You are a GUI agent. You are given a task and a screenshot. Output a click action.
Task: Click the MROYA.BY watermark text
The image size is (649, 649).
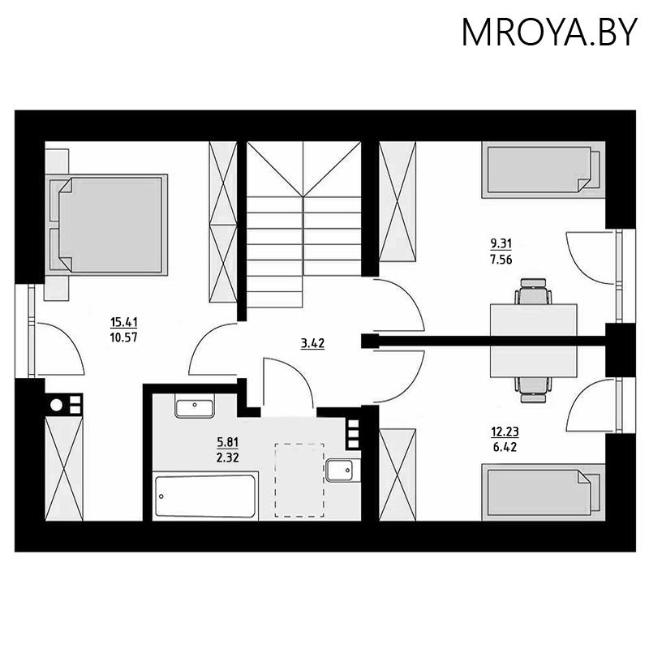point(549,32)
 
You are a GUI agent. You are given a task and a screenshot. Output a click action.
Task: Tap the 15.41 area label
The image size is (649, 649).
point(124,321)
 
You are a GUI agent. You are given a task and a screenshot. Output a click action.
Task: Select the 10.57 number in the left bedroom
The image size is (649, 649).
point(124,337)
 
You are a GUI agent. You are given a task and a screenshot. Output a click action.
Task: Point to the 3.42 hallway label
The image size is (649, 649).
point(312,343)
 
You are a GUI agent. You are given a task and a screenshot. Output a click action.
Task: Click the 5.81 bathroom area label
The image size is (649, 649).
point(228,442)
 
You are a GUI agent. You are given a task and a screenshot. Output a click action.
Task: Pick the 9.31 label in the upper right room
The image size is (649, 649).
point(501,243)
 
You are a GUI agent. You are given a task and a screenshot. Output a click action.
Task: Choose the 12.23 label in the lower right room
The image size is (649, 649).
point(505,432)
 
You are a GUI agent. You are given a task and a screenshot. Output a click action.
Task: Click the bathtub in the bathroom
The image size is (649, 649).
point(205,496)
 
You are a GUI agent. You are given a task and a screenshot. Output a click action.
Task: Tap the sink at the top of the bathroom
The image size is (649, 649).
point(195,408)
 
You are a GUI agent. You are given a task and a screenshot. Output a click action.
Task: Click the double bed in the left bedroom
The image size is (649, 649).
point(106,225)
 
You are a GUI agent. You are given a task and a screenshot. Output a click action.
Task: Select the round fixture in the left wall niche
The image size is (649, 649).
point(56,404)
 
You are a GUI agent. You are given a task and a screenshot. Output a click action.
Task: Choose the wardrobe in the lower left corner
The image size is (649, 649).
point(64,468)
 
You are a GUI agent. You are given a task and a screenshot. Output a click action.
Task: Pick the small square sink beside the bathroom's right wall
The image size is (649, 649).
point(339,471)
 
